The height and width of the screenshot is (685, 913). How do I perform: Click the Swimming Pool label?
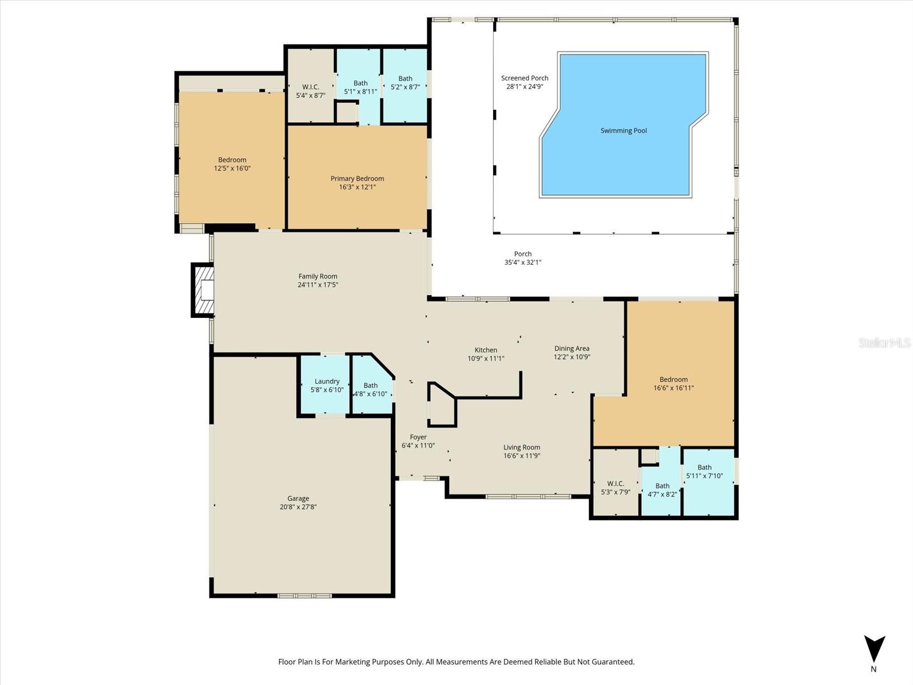coord(624,131)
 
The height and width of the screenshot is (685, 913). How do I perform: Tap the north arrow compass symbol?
coord(874,650)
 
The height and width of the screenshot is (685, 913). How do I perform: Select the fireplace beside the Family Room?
coord(203,290)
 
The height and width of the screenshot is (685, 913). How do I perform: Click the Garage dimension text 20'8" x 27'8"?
coord(298,507)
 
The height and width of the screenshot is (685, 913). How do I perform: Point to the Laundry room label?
coord(327,381)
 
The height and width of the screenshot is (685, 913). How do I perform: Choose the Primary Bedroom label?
coord(357,179)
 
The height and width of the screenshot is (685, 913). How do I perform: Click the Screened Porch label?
coord(524,78)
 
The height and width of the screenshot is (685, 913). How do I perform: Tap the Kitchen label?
coord(486,350)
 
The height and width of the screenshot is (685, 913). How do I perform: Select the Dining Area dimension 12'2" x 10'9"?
coord(572,357)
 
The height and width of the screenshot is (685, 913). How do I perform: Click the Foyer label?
coord(418,437)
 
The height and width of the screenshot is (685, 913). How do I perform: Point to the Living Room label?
coord(522,448)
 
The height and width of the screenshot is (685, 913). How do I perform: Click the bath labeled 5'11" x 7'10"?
coord(704,472)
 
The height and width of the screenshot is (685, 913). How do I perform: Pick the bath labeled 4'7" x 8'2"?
coord(662,490)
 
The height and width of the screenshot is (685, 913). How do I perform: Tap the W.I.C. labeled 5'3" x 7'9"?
coord(616,487)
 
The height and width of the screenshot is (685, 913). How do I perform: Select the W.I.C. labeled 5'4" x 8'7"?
coord(310,91)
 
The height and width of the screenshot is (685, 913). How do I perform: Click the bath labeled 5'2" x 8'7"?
coord(405,83)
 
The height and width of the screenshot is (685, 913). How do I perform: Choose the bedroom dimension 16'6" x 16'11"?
coord(673,388)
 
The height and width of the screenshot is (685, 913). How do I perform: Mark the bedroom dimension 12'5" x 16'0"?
coord(232,168)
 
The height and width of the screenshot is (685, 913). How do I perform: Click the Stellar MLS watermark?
coord(884,342)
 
